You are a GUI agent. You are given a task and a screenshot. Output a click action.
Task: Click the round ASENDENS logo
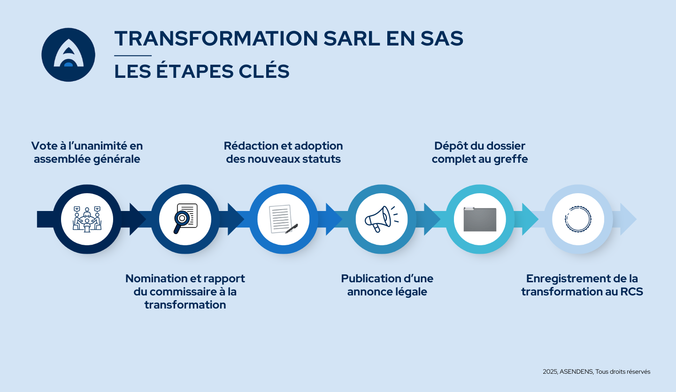pos(69,54)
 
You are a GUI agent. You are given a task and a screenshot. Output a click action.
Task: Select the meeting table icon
pos(87,219)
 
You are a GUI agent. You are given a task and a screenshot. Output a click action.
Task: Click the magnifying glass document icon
pos(185,219)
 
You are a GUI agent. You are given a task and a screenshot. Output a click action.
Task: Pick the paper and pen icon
pos(283,219)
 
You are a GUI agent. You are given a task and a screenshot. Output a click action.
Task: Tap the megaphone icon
pos(381,219)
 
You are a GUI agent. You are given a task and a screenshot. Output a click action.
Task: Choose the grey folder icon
pos(480,219)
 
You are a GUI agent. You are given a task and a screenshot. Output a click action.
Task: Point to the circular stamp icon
pos(578,219)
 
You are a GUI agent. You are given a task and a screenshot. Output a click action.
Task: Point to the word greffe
pos(510,159)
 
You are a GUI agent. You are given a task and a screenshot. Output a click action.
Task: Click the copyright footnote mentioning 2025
pos(596,371)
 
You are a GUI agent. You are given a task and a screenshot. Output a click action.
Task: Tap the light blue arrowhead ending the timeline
pos(628,219)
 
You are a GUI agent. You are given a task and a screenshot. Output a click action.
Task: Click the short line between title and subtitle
pos(133,56)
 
